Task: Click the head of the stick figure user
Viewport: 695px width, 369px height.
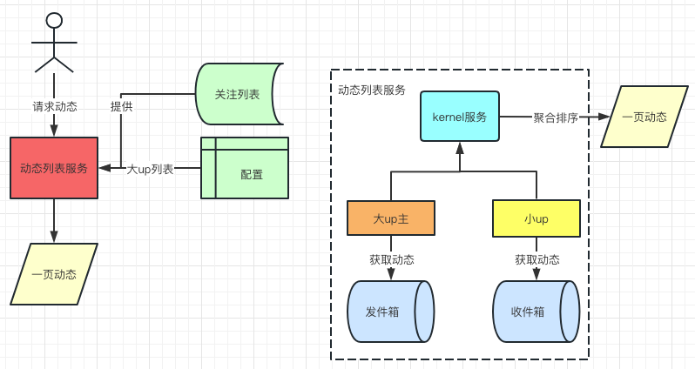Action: coord(54,20)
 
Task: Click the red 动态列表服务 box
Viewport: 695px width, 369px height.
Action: coord(54,168)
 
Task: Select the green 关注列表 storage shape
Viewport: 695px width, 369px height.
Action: coord(240,94)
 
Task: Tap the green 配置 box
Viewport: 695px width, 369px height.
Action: coord(245,168)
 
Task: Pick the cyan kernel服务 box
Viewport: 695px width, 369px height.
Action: coord(460,117)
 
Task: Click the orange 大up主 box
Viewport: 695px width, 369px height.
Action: coord(391,218)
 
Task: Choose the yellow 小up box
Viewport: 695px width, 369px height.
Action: coord(536,218)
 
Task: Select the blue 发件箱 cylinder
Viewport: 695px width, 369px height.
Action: coord(390,312)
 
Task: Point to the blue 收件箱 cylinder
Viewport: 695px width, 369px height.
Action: coord(536,312)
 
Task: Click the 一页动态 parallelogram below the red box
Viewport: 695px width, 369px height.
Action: coord(54,274)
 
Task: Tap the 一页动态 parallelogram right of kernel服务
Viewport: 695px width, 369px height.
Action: coord(644,117)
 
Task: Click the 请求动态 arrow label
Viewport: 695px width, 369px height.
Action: coord(55,106)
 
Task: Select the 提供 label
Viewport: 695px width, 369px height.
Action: coord(121,106)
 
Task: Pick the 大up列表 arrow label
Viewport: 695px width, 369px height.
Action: coord(150,169)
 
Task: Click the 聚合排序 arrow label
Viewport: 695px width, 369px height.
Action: coord(556,117)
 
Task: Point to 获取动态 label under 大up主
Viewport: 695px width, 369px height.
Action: coord(392,259)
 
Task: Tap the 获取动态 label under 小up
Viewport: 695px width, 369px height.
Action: coord(537,259)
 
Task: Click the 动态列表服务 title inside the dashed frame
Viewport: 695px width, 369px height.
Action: coord(372,91)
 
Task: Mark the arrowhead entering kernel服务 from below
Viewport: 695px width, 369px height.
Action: coord(460,147)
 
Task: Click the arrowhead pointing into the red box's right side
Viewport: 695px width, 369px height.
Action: coord(105,168)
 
